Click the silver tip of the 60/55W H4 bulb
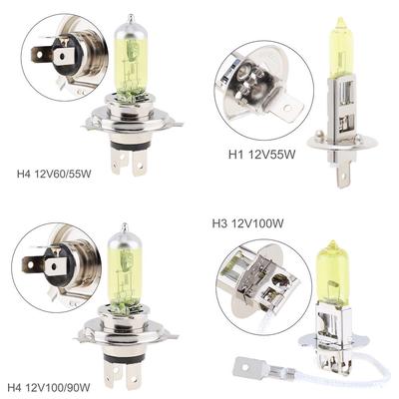(x=129, y=20)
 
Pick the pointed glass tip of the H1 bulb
(x=342, y=21)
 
